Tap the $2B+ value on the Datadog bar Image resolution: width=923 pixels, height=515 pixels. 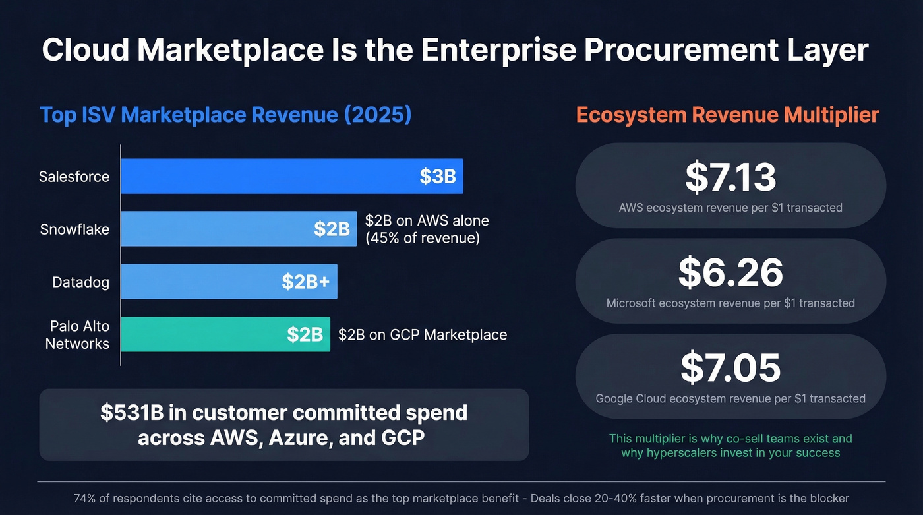[x=306, y=282]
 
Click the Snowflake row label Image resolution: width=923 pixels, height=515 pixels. [x=74, y=229]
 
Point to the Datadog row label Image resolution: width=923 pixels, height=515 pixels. [x=80, y=282]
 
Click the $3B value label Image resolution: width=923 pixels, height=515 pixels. [x=438, y=177]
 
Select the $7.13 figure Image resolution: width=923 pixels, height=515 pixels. [x=730, y=177]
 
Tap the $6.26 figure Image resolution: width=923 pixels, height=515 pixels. [x=730, y=272]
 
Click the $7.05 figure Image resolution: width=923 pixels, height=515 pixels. [x=730, y=368]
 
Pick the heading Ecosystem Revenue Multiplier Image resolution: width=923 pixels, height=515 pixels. [x=727, y=115]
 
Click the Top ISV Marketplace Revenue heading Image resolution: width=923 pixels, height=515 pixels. [x=225, y=115]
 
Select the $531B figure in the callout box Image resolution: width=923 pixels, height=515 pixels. [x=131, y=413]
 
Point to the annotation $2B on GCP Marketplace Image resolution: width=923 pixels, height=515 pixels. [x=423, y=335]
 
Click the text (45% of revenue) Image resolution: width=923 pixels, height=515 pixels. [x=422, y=238]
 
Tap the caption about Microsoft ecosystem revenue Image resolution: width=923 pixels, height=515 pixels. [x=730, y=303]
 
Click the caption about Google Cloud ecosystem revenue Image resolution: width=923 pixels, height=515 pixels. [x=730, y=398]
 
